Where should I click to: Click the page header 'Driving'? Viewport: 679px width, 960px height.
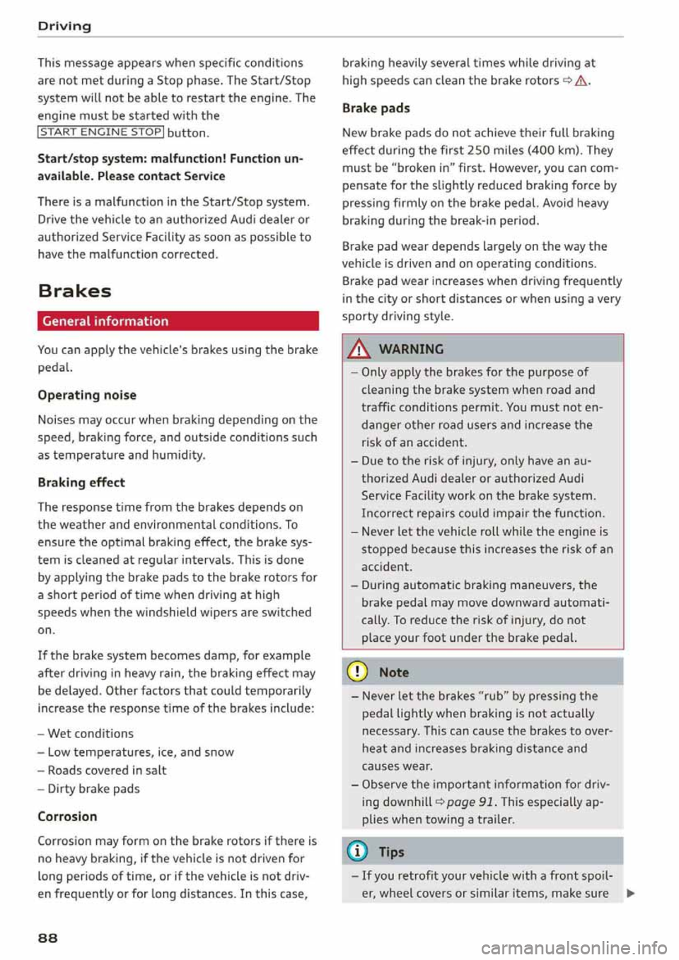(x=64, y=26)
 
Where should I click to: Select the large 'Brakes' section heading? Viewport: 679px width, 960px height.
(x=74, y=291)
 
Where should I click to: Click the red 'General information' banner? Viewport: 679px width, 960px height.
(x=178, y=321)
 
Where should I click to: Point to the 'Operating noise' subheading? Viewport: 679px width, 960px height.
(x=87, y=395)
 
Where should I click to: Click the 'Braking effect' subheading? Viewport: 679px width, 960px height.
(x=81, y=482)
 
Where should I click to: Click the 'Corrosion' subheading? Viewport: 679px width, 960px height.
(x=67, y=816)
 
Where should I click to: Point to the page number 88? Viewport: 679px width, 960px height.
(x=48, y=937)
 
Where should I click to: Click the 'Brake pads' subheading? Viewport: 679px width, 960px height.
(x=376, y=108)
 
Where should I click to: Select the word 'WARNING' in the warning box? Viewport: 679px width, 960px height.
(x=411, y=349)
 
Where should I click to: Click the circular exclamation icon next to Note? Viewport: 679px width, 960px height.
(x=359, y=672)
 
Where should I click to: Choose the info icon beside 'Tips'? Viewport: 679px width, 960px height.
(x=359, y=852)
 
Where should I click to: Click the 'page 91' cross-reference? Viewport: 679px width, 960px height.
(x=470, y=802)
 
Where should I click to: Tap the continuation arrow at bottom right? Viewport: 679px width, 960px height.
(x=630, y=894)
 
